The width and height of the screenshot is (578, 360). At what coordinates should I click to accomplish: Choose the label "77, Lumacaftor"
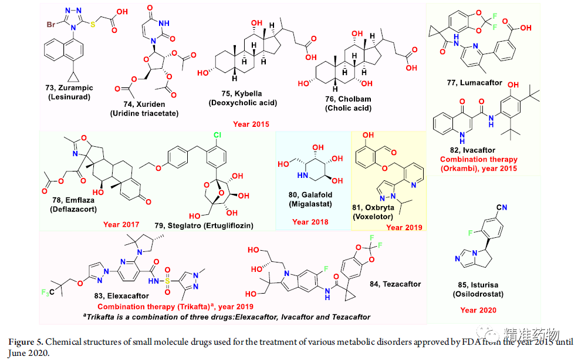474,83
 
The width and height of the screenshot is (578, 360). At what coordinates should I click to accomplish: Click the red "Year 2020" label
478,309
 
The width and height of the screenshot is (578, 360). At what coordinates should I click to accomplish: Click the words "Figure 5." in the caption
26,341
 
